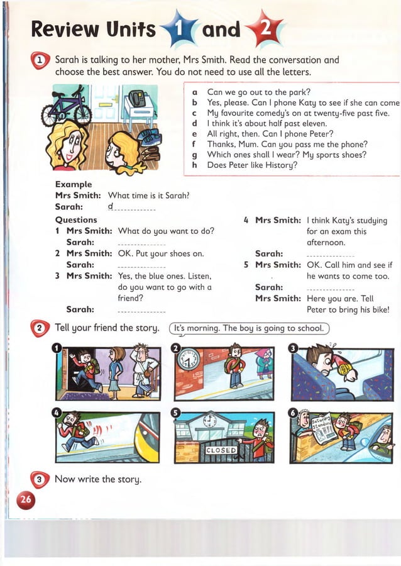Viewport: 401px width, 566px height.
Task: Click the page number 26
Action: click(26, 500)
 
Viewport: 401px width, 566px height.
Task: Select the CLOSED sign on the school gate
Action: click(221, 450)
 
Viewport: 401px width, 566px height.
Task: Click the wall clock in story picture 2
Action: click(189, 359)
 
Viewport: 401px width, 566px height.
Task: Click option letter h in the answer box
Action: click(195, 165)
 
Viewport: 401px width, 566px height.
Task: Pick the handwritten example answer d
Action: click(111, 206)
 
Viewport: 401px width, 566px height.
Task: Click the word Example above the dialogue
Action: click(74, 184)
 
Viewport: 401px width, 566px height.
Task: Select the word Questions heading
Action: click(76, 219)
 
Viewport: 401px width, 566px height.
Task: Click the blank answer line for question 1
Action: click(141, 243)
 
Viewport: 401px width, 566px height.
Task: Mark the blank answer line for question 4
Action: click(330, 255)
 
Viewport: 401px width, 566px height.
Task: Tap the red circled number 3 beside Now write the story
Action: click(40, 480)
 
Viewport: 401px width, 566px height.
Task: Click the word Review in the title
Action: click(65, 28)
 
